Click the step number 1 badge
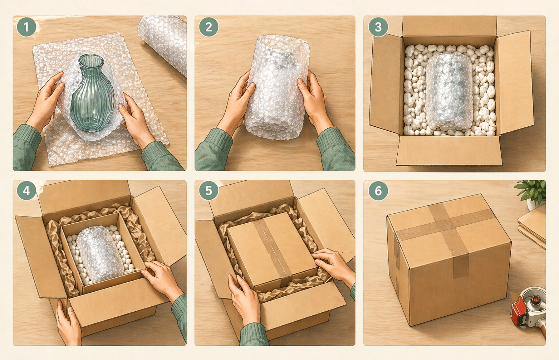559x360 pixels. [x=26, y=27]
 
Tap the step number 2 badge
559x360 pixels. [x=209, y=27]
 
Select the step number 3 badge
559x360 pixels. [x=378, y=27]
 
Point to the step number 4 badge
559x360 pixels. [x=26, y=191]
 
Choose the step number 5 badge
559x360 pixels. [x=209, y=191]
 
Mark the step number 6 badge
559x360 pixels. [x=378, y=191]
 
